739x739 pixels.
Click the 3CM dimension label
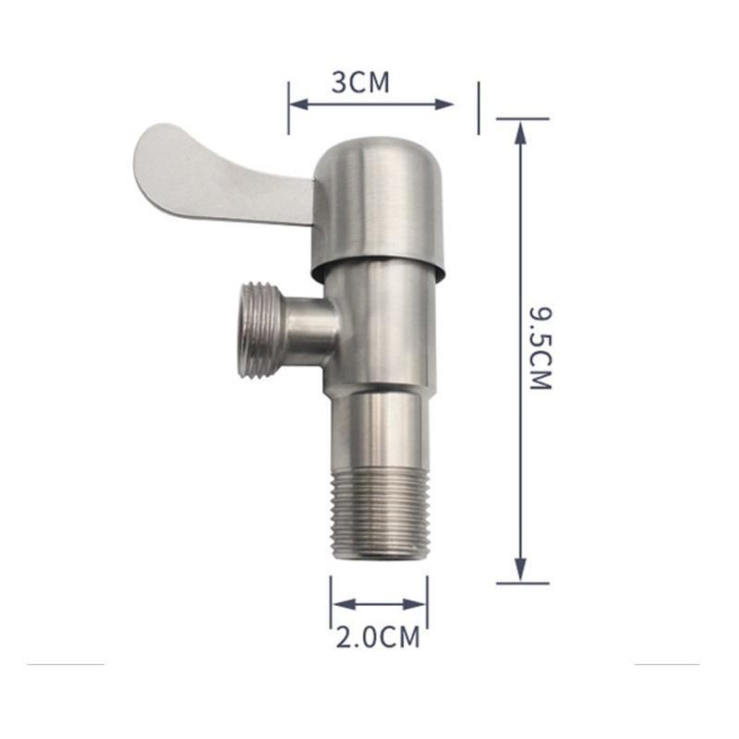[x=360, y=82]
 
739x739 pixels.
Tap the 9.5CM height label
[x=540, y=349]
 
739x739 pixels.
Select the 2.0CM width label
[x=378, y=637]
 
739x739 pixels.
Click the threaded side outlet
[x=260, y=330]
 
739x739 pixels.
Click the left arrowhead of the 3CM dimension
[x=297, y=104]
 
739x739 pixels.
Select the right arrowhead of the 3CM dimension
[x=444, y=104]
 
